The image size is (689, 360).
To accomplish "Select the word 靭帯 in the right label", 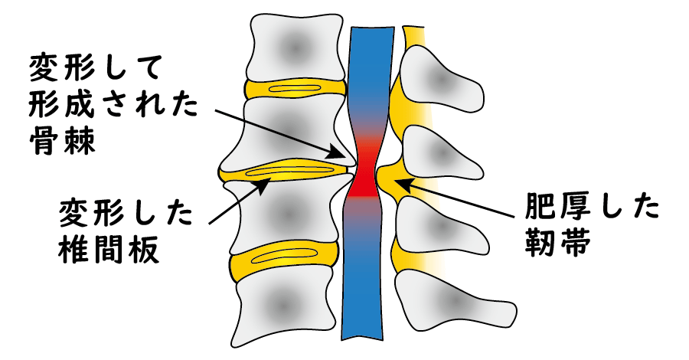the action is (557, 243).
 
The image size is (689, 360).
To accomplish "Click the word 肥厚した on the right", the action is (592, 208).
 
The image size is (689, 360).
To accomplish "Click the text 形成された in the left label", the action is (113, 105).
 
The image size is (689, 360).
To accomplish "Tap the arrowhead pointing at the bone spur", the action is (339, 152).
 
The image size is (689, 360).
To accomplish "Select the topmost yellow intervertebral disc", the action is (296, 89).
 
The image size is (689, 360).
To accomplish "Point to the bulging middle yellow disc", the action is (288, 172).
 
